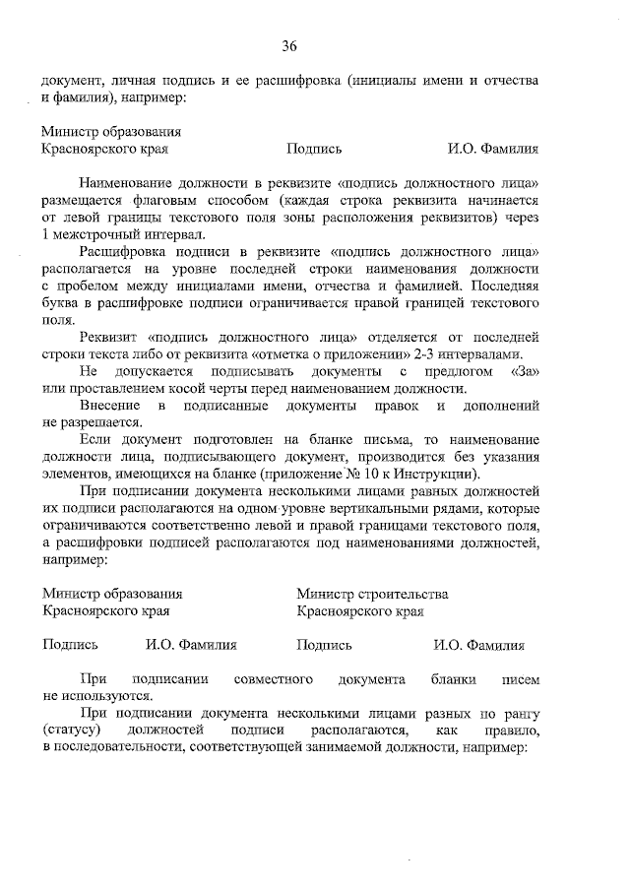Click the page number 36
[x=289, y=45]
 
